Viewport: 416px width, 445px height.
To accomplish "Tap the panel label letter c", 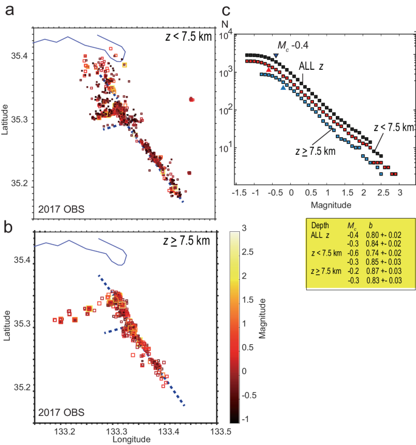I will pos(226,10).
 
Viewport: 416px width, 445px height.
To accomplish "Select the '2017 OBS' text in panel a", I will pos(61,211).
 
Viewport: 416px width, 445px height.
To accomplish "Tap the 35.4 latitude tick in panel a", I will pos(20,55).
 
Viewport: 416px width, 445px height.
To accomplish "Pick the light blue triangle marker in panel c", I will pos(283,88).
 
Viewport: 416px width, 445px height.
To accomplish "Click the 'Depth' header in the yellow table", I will pos(319,225).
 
